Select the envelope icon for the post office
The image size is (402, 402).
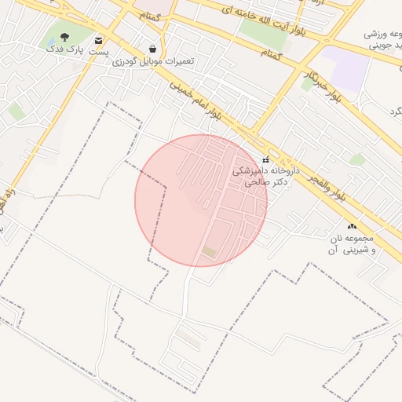(98, 40)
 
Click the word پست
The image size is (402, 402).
(97, 52)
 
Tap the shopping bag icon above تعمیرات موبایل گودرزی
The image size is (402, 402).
(152, 48)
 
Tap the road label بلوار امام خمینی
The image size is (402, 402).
(193, 100)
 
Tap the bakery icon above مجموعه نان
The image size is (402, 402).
(351, 225)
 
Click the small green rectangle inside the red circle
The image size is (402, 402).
(209, 251)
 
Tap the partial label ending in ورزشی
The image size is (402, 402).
(384, 35)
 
